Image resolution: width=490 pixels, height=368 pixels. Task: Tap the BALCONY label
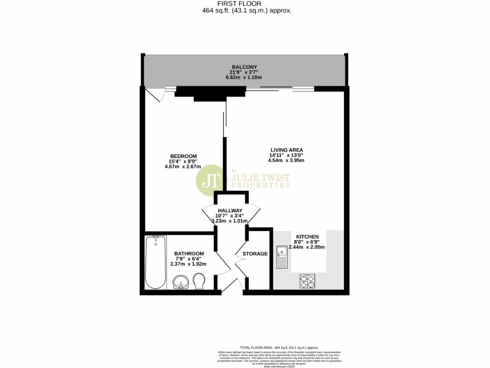click(x=245, y=67)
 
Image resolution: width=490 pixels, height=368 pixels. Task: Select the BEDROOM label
click(x=184, y=156)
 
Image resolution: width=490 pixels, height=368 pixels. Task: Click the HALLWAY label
click(x=230, y=210)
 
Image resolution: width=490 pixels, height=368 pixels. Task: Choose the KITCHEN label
click(x=307, y=237)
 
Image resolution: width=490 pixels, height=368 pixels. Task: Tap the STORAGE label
click(x=255, y=253)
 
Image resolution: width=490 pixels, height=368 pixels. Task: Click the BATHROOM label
click(x=189, y=253)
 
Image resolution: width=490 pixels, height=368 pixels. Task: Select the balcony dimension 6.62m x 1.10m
click(x=245, y=78)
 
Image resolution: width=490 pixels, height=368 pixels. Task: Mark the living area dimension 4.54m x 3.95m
click(x=287, y=161)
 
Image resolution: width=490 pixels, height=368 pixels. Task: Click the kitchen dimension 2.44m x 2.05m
click(x=307, y=247)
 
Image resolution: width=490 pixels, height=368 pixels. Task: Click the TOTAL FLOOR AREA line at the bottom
click(x=278, y=348)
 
